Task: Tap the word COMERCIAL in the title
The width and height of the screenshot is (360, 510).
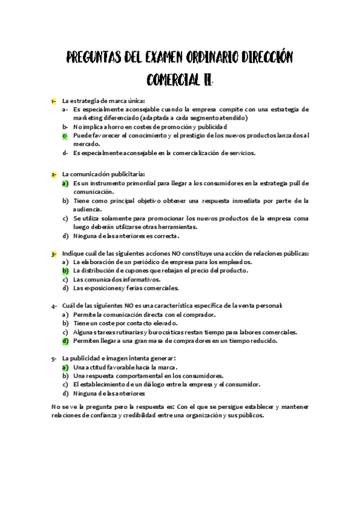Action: click(x=174, y=80)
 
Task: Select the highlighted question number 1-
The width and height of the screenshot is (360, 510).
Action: click(x=53, y=100)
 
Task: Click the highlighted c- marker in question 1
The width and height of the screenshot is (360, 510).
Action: click(x=64, y=135)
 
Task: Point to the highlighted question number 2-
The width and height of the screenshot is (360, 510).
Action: click(x=53, y=174)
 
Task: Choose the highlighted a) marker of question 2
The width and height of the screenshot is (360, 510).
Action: click(x=65, y=183)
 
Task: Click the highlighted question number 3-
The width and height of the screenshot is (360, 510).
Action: click(x=53, y=254)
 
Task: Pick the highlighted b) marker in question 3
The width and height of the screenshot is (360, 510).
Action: click(x=65, y=271)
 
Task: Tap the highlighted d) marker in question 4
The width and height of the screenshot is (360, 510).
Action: click(x=65, y=340)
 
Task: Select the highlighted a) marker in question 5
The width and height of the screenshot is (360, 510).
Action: click(x=65, y=367)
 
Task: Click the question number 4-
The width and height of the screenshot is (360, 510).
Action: click(x=53, y=306)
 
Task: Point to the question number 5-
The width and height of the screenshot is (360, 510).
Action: click(x=53, y=358)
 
